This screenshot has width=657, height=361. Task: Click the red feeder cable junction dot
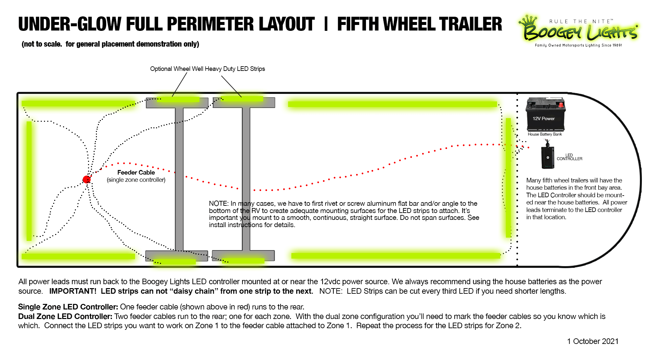pos(86,179)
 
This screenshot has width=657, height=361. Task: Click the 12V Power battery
pos(545,115)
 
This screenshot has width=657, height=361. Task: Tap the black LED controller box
pos(548,158)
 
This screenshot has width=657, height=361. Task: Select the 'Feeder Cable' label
pos(136,172)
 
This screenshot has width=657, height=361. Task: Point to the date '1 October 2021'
pos(593,341)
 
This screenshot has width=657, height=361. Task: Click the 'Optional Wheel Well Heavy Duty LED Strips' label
pos(207,69)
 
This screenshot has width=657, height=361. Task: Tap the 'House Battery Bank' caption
pos(545,134)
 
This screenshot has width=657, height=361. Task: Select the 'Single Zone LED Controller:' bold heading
pos(68,307)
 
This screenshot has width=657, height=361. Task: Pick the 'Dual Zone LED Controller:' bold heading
pos(65,316)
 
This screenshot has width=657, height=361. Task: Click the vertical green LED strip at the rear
pos(29,180)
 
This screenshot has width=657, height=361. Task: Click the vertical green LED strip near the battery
pos(508,177)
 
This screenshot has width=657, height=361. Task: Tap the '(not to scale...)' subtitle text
pos(110,44)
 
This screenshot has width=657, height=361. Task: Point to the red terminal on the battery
pos(561,105)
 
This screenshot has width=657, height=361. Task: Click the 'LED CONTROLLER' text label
pos(569,157)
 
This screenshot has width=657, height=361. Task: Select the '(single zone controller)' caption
pos(136,180)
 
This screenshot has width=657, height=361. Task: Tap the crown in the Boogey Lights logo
pos(528,20)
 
